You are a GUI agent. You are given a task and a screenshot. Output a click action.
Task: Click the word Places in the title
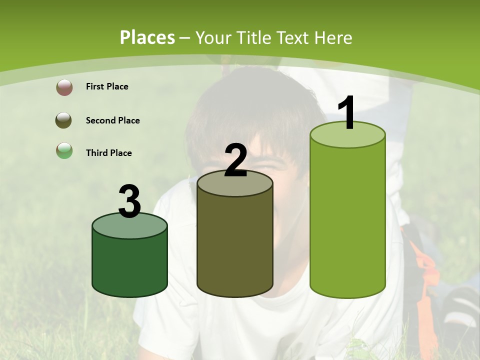point(147,37)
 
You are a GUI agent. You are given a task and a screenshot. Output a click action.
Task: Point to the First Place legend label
point(107,86)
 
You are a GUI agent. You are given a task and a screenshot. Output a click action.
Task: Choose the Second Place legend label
point(112,120)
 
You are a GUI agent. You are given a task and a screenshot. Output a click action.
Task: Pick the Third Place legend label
point(108,153)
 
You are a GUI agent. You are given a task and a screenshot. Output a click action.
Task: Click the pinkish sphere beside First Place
point(64,87)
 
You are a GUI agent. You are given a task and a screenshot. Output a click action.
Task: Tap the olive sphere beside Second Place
point(63,120)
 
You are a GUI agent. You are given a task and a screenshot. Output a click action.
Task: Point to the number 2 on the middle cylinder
point(235,160)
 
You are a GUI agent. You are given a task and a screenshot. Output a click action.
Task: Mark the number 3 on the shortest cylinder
point(129,201)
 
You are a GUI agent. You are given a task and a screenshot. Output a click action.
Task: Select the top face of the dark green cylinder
point(129,227)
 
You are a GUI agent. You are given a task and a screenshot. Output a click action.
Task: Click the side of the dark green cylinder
point(129,265)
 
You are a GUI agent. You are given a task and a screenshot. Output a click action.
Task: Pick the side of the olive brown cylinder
point(235,245)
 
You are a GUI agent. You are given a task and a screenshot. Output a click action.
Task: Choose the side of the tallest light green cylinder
point(347,220)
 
